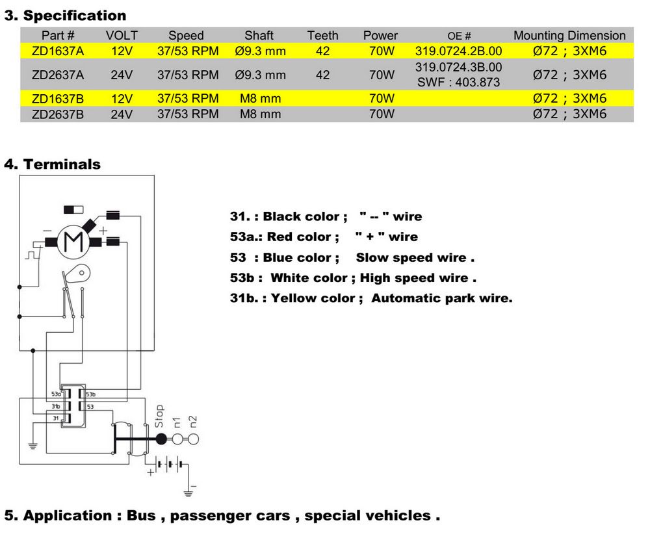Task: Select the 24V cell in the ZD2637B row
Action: (x=122, y=114)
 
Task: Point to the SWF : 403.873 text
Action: (x=459, y=83)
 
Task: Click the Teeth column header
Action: (x=322, y=36)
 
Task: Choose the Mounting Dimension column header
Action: (x=569, y=36)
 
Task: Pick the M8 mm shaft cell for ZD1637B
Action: (x=259, y=99)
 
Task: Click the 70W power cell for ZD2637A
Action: (x=382, y=75)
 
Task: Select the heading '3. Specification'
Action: (x=66, y=15)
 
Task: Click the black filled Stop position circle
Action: (x=161, y=439)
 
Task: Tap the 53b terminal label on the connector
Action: (x=90, y=394)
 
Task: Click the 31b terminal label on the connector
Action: (x=55, y=406)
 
